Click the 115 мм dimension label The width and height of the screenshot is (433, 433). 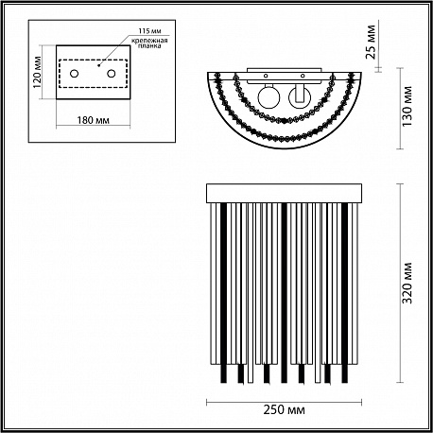click(x=149, y=31)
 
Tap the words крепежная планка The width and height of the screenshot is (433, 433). click(x=149, y=43)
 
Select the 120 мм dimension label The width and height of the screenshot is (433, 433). click(x=37, y=72)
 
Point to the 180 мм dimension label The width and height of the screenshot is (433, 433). click(x=94, y=120)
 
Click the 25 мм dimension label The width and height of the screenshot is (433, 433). click(x=371, y=42)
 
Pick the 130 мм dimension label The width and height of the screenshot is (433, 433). click(x=407, y=106)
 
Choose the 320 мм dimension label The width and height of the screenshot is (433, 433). click(x=407, y=283)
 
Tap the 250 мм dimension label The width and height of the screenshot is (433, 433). click(x=284, y=410)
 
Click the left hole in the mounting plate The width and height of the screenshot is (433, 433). click(x=74, y=74)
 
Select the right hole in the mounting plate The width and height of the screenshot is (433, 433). click(x=111, y=74)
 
